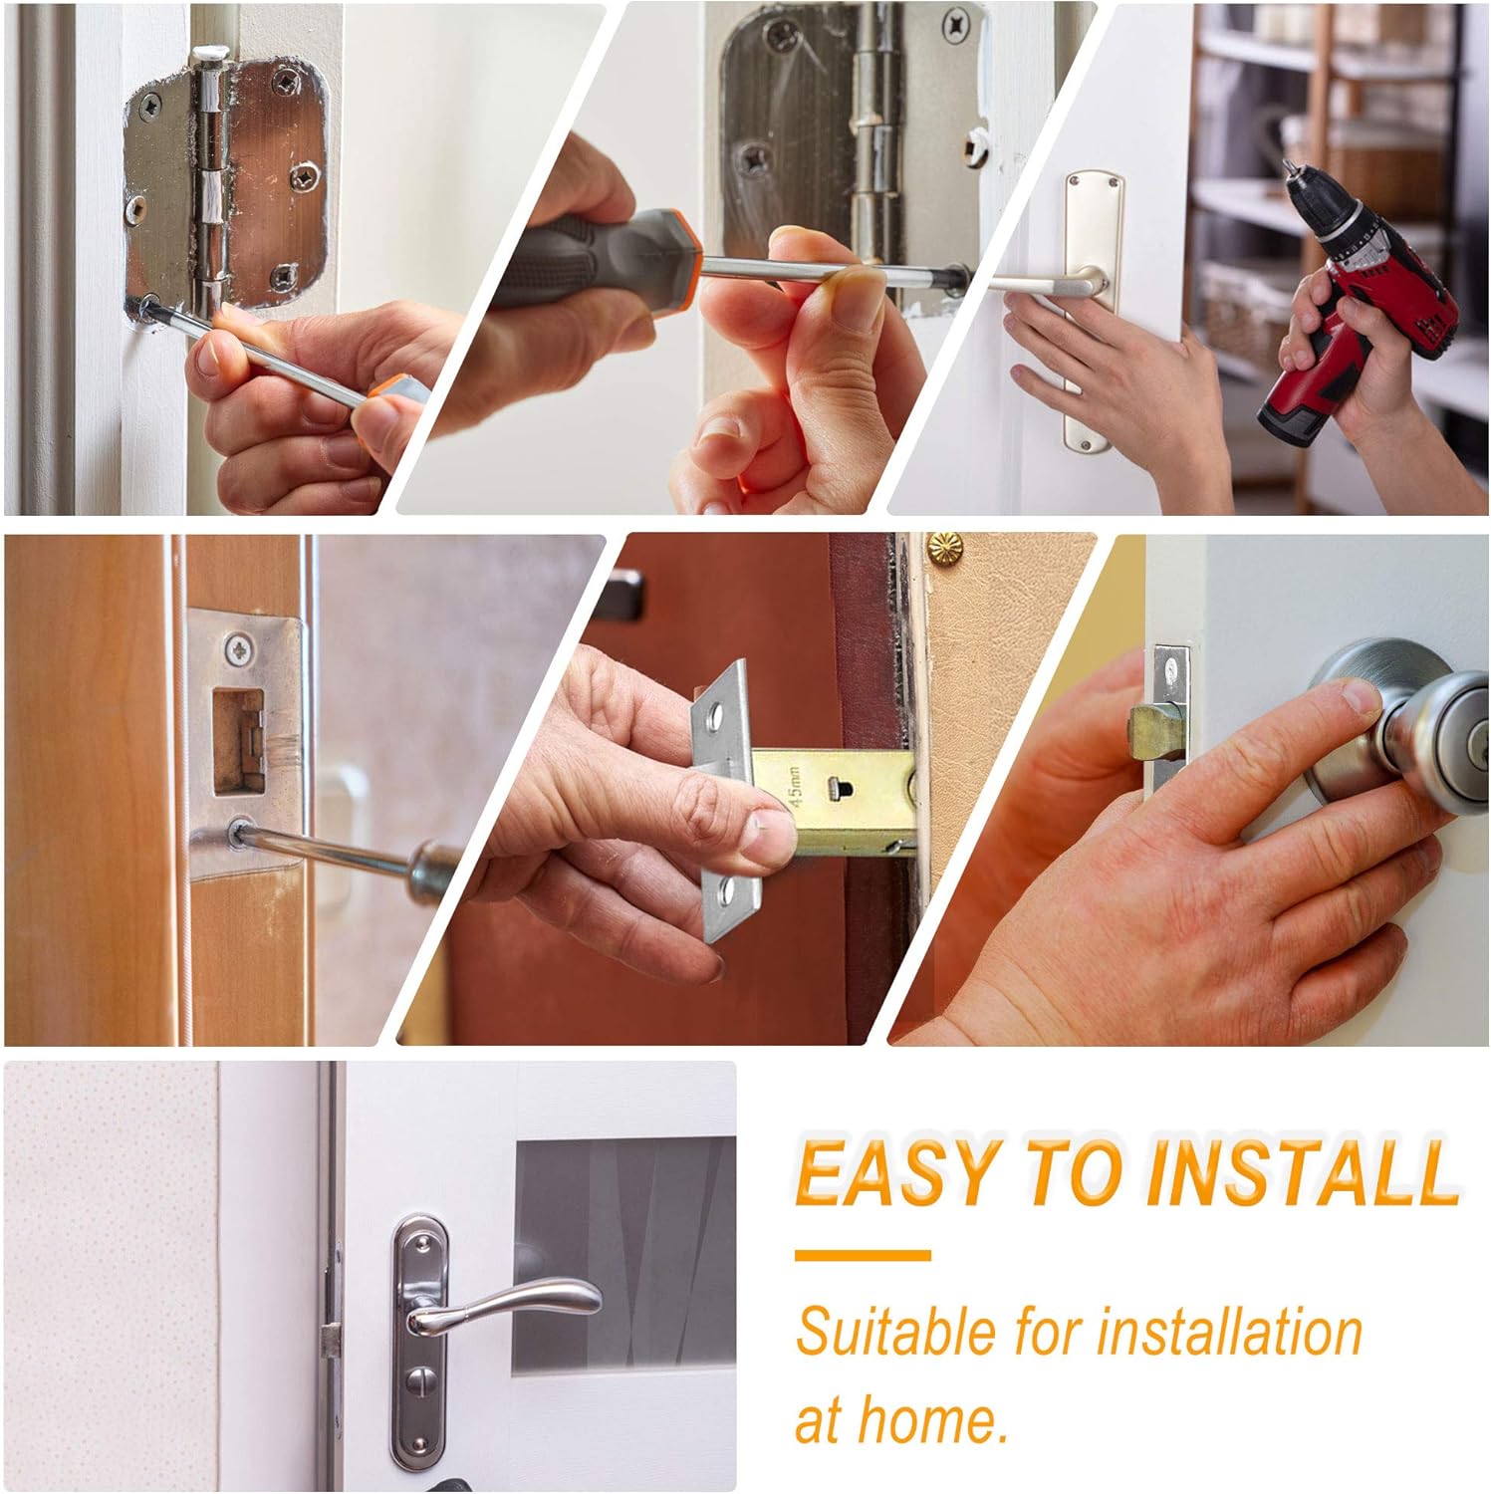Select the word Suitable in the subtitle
896,1332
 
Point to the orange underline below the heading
863,1256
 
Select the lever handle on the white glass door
508,1306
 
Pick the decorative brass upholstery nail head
945,546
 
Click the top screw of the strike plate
238,649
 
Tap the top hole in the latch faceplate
714,714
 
